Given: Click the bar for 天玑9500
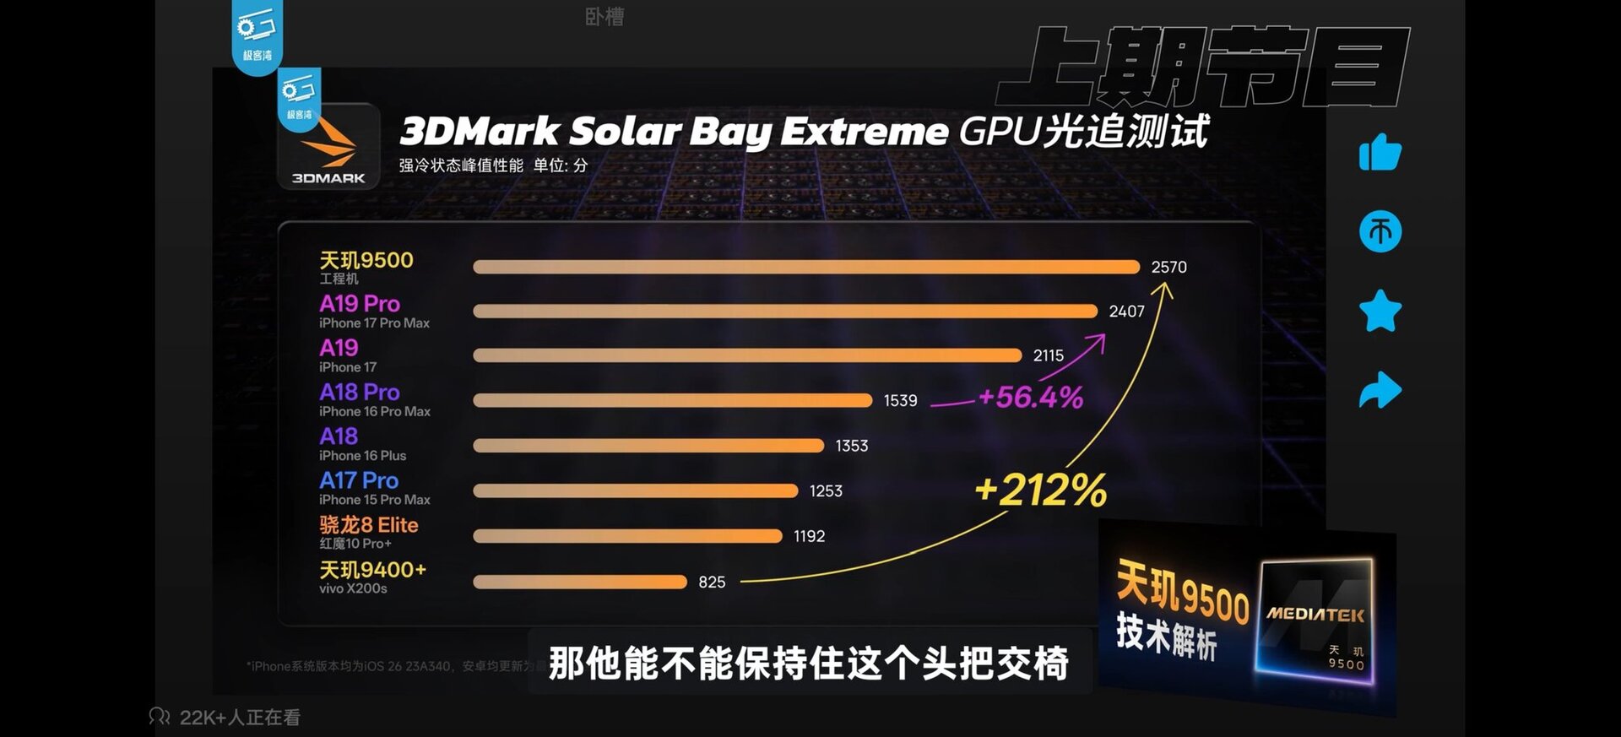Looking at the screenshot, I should click(x=806, y=267).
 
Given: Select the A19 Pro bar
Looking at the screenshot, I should click(x=785, y=312).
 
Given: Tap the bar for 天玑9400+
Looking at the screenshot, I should click(x=580, y=582).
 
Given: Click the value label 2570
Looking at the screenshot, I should click(x=1168, y=267).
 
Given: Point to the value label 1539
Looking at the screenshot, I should click(x=900, y=400).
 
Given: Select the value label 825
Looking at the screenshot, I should click(x=712, y=582).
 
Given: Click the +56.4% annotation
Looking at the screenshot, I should click(x=1031, y=397).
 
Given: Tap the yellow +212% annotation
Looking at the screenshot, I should click(x=1040, y=490).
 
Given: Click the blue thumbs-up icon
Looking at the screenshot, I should click(x=1380, y=153).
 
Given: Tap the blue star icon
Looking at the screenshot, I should click(x=1380, y=311).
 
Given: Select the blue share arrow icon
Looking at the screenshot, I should click(x=1380, y=390).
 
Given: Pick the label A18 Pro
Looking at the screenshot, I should click(x=360, y=392).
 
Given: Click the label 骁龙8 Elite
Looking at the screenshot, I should click(x=369, y=524).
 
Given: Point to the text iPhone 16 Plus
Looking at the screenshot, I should click(x=362, y=456).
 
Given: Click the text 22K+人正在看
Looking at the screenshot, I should click(x=240, y=718).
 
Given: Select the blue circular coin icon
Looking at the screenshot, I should click(x=1380, y=231).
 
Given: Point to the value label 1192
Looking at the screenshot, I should click(x=809, y=536).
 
